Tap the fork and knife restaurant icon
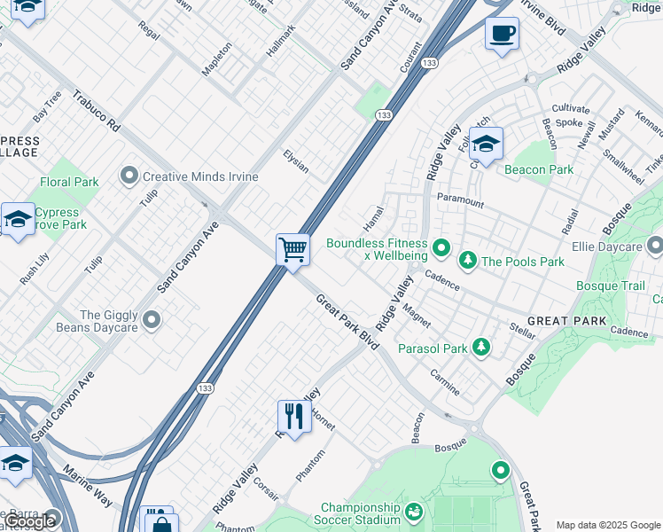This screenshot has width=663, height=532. [293, 415]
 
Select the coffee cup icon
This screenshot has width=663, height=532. [503, 34]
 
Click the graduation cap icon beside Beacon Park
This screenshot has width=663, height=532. [486, 143]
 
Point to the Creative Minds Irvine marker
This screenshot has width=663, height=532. [131, 176]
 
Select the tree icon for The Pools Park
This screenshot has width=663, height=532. [467, 261]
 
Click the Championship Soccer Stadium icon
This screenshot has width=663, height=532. [413, 512]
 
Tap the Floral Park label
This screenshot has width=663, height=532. [69, 182]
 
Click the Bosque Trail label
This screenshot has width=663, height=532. [611, 286]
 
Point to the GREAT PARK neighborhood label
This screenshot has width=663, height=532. [567, 320]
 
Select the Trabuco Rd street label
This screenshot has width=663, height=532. [96, 111]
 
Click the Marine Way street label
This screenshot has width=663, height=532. [88, 488]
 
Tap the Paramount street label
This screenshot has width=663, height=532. [460, 201]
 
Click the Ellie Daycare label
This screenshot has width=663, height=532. [606, 246]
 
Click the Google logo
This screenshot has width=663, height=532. [28, 521]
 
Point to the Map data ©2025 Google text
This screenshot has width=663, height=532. [608, 525]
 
